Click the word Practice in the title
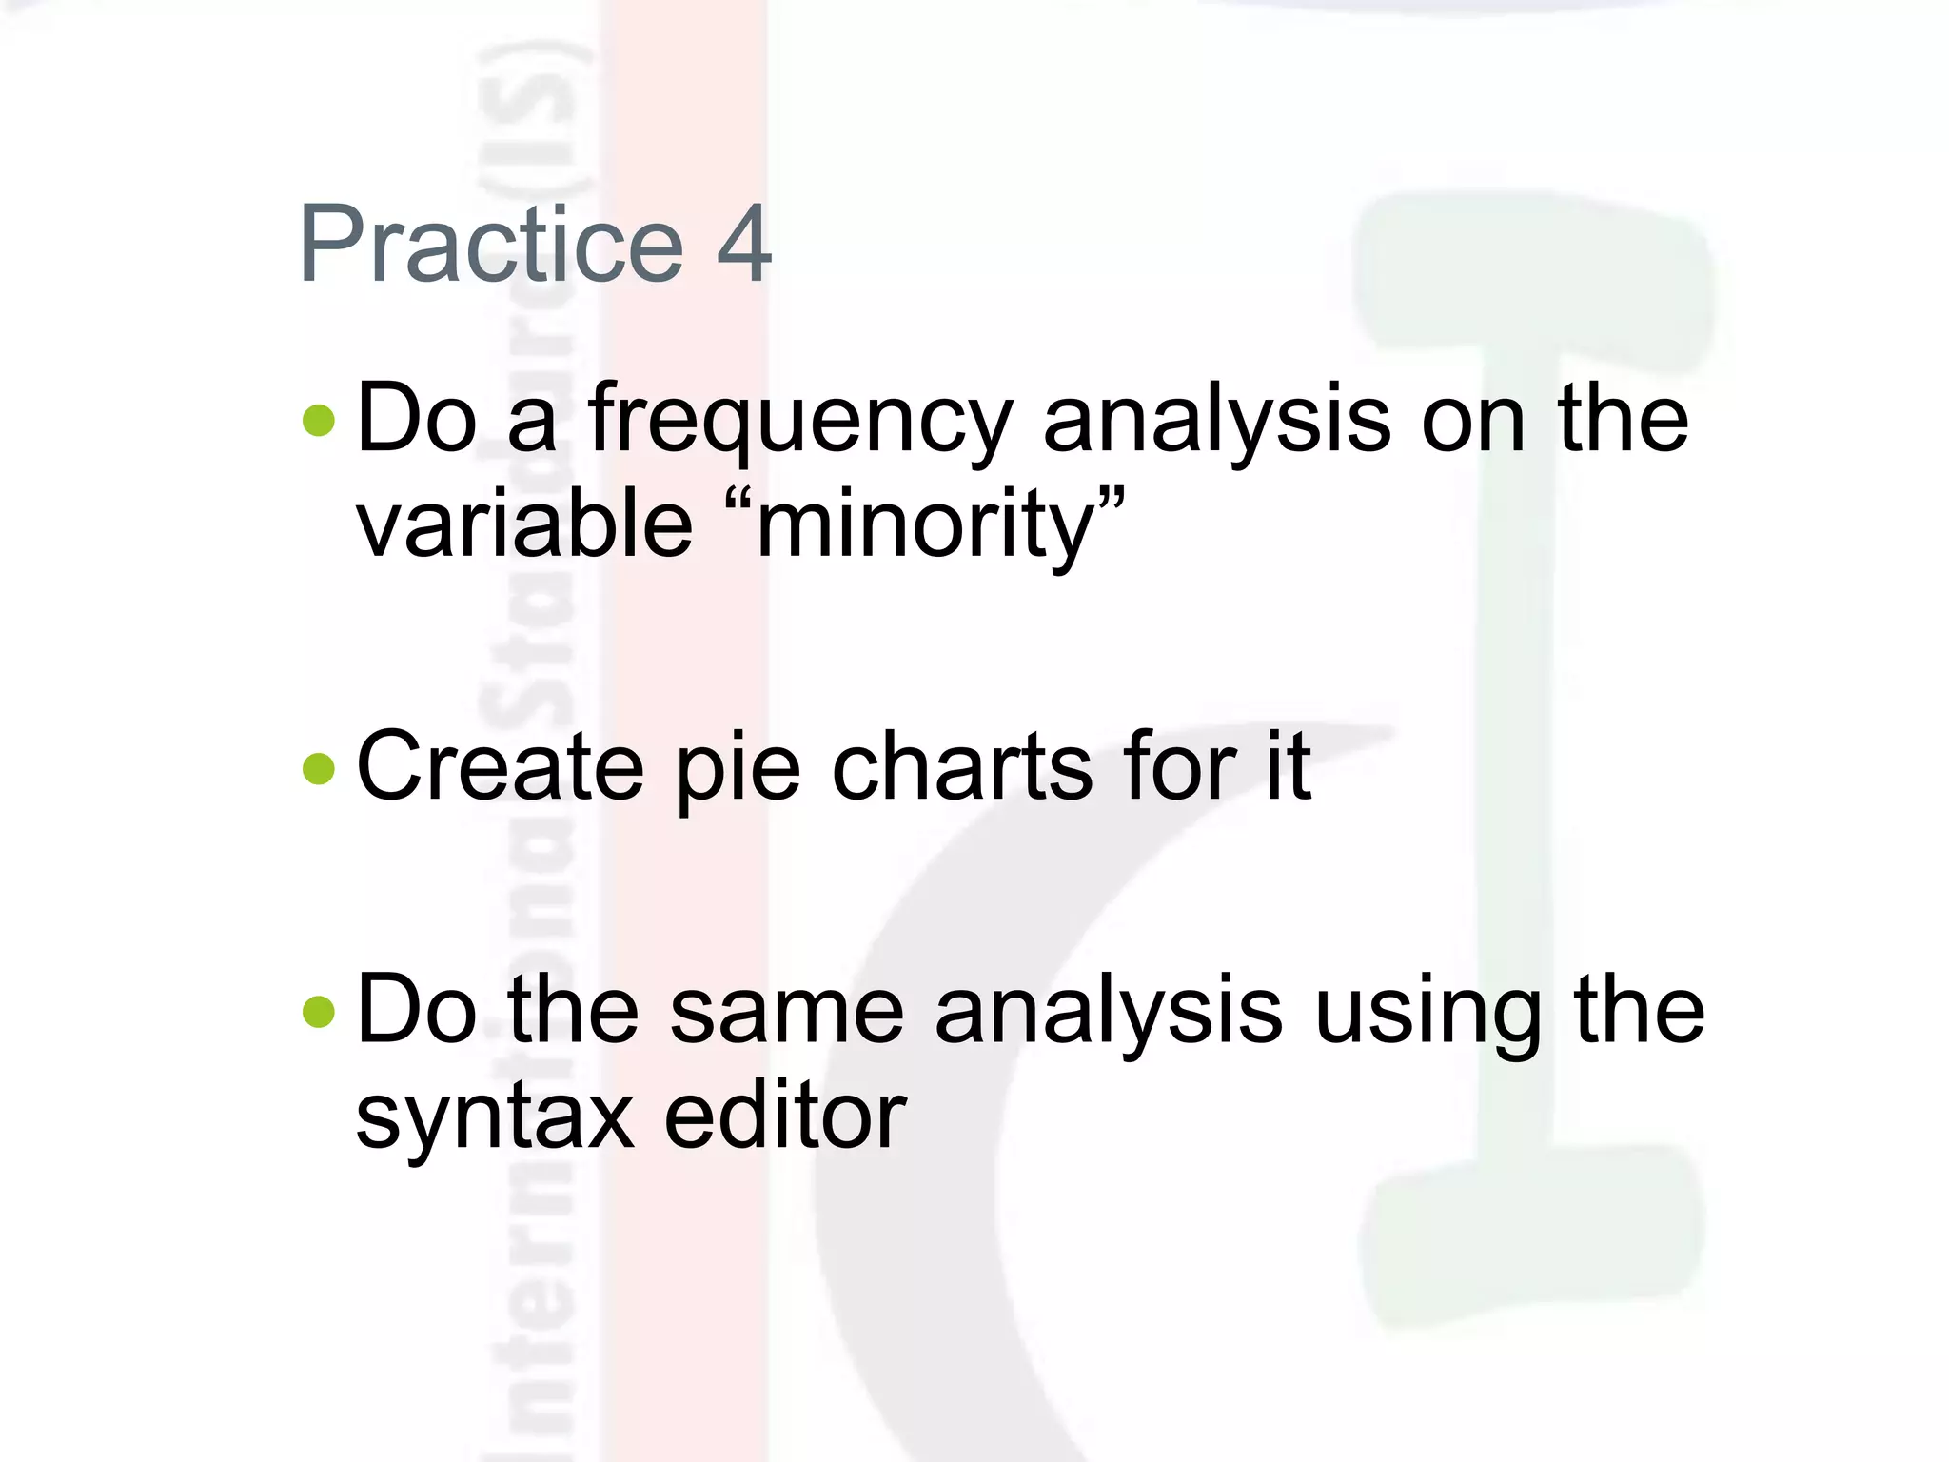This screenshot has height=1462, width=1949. point(491,245)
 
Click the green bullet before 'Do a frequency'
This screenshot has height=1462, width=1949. point(319,420)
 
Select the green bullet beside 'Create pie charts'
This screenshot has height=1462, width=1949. point(319,768)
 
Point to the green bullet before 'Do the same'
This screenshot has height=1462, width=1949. point(319,1012)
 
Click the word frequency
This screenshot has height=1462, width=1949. point(800,424)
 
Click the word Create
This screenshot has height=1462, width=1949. point(500,766)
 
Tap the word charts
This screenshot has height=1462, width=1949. point(961,766)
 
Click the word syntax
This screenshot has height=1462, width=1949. point(495,1118)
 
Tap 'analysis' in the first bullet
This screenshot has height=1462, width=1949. point(1217,424)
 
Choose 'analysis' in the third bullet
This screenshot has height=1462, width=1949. point(1109,1014)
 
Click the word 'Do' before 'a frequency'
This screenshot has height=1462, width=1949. point(416,420)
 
